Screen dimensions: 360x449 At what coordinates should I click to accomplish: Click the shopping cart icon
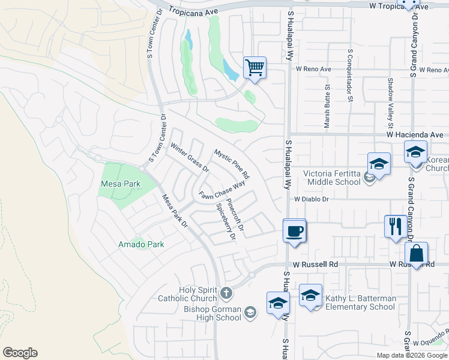click(255, 67)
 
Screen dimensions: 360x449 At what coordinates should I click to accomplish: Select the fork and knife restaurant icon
click(394, 226)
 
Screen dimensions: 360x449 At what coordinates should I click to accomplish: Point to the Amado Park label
click(141, 244)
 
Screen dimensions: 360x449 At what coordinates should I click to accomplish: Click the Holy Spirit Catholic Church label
click(190, 293)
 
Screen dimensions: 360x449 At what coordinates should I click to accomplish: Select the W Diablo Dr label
click(312, 199)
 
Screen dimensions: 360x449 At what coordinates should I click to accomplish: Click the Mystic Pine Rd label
click(232, 163)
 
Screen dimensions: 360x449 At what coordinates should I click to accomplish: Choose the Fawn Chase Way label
click(223, 191)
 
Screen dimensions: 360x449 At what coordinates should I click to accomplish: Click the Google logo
click(20, 353)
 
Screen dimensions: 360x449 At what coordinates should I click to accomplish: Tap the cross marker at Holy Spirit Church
click(226, 293)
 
